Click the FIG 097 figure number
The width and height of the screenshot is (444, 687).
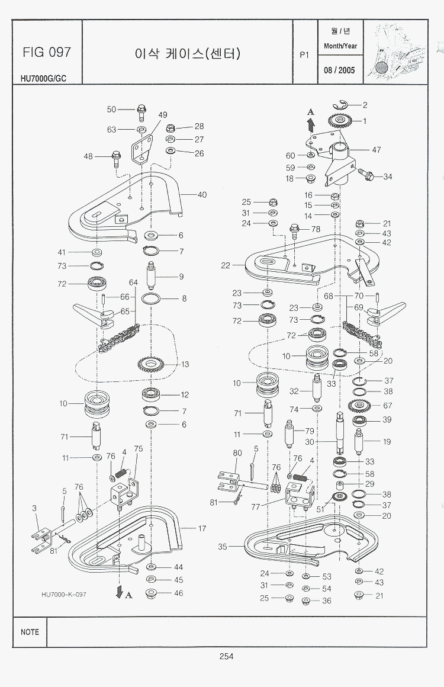coord(47,52)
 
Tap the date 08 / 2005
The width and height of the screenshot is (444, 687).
coord(339,70)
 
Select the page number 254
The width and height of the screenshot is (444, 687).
coord(226,656)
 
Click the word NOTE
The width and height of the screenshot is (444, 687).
coord(30,632)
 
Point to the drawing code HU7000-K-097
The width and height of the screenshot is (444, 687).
coord(64,594)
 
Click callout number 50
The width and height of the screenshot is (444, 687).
coord(111,110)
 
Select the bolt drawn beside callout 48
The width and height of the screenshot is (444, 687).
coord(115,158)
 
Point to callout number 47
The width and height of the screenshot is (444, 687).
coord(377,150)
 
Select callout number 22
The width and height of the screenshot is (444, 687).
coord(225,266)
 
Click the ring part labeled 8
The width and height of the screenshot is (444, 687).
coord(152,298)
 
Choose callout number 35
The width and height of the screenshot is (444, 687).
coord(222,547)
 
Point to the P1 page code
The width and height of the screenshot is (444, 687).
coord(305,54)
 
